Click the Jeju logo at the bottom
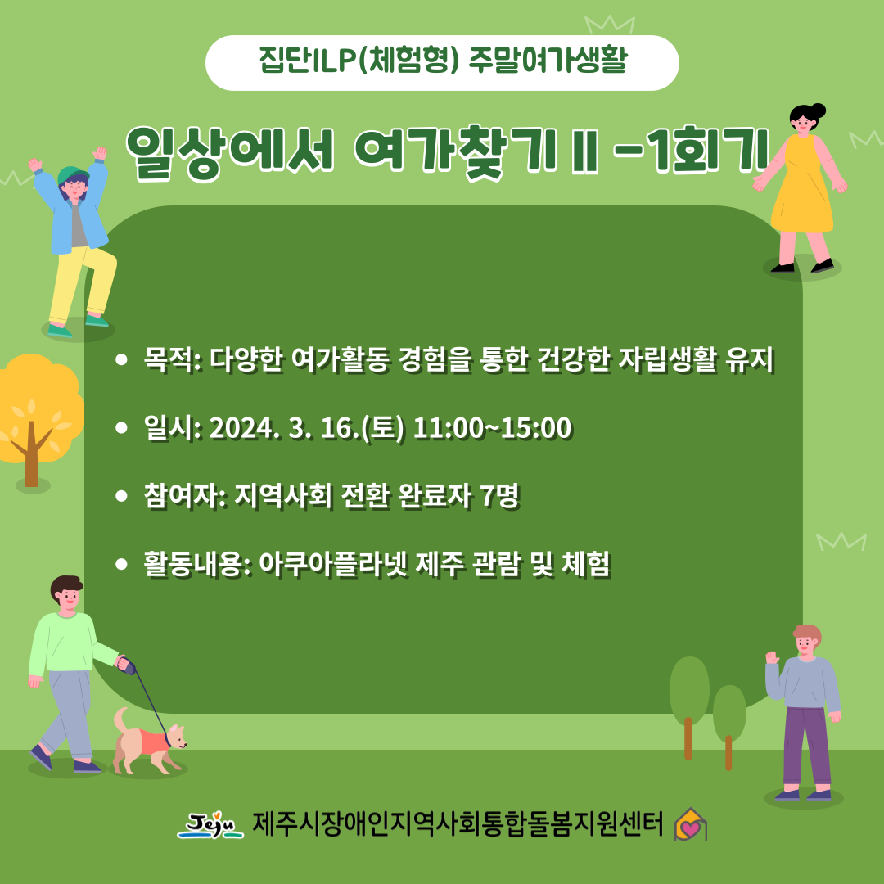point(210,825)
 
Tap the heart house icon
point(691,824)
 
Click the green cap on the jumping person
point(72,175)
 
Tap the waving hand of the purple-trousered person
point(772,658)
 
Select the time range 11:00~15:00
point(492,428)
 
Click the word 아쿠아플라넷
point(333,564)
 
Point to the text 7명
point(500,496)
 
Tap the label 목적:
point(173,359)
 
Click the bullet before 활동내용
point(121,564)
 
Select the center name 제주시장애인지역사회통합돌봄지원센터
point(458,824)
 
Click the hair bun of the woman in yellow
point(816,110)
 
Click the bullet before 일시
point(121,428)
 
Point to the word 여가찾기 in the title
point(455,152)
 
